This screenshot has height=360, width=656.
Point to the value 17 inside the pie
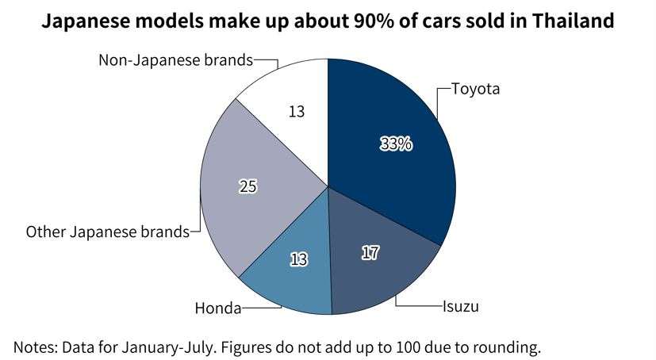coord(370,254)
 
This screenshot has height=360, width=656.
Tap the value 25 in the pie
coord(248,186)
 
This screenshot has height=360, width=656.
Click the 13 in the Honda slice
coord(298,259)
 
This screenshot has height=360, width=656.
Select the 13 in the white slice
coord(297,113)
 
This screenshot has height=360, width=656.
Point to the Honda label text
coord(218,308)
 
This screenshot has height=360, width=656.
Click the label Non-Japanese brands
coord(175,59)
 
